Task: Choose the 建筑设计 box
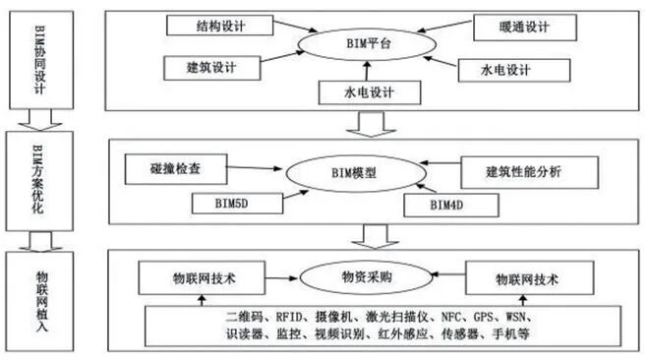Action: pos(212,68)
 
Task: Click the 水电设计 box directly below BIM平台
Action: pos(371,92)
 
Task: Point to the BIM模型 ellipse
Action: pos(361,172)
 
